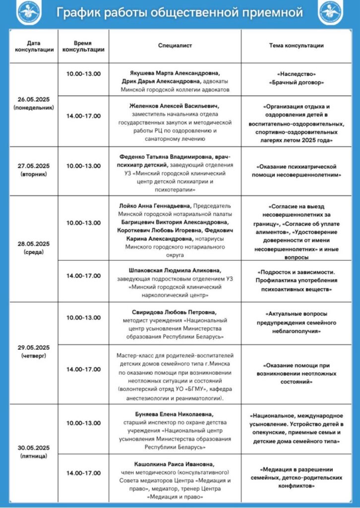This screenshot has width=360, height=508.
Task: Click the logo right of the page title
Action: pos(332,13)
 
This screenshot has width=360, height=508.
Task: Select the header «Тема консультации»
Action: pos(296,46)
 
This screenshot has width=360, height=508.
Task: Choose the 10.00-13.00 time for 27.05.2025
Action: pos(83,166)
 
